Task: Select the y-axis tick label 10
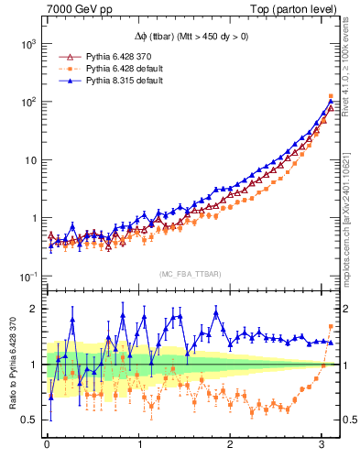[27, 160]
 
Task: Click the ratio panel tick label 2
[32, 309]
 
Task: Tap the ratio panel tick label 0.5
[28, 420]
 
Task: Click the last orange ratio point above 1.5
[331, 327]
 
